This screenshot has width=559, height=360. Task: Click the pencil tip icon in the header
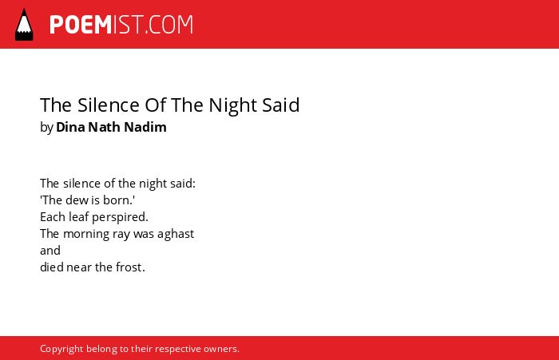click(x=24, y=25)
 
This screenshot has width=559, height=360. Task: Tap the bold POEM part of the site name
click(x=81, y=25)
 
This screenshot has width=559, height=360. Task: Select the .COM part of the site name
click(x=169, y=25)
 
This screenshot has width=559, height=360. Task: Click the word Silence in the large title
click(x=109, y=105)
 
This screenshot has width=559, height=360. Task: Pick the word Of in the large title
click(x=156, y=105)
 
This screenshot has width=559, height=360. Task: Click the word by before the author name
click(x=46, y=128)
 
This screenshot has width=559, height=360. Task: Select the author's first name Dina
click(x=70, y=127)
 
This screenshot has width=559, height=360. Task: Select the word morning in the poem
click(x=86, y=235)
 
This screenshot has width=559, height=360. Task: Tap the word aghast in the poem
click(x=176, y=235)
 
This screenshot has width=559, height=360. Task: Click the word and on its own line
click(x=50, y=251)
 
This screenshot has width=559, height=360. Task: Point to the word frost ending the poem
click(x=129, y=267)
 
